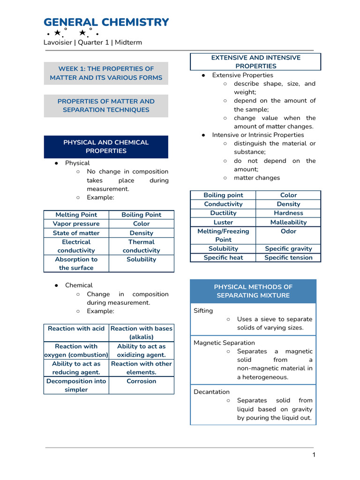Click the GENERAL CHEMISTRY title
coord(106,22)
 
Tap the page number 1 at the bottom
coord(314,455)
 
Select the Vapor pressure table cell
coord(76,224)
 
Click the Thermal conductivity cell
coord(141,246)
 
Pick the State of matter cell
coord(76,233)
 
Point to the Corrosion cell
coord(141,381)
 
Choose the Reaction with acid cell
coord(76,329)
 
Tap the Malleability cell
coord(288,222)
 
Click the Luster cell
coord(223,222)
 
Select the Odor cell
coord(288,231)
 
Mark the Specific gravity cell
coord(288,249)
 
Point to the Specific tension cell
coord(288,257)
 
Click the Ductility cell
coord(223,213)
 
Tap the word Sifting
coord(203,311)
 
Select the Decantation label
coord(211,392)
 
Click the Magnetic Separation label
coord(224,343)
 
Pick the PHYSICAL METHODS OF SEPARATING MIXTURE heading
coord(253,291)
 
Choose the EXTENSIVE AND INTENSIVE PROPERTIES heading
coord(255,62)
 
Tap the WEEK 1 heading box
coord(106,73)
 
